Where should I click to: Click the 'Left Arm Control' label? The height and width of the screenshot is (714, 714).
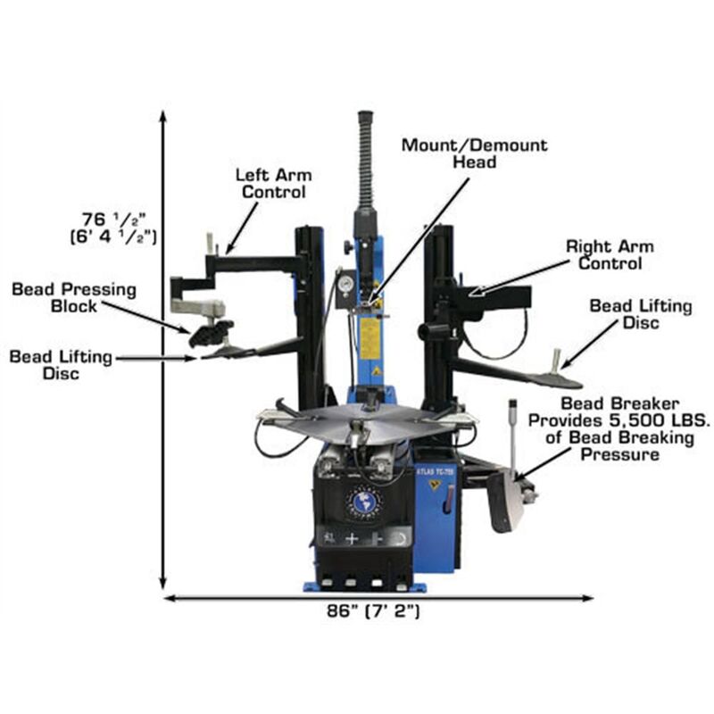270,182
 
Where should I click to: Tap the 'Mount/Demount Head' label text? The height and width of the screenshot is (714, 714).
474,153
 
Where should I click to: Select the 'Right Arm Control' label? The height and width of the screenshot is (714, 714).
610,254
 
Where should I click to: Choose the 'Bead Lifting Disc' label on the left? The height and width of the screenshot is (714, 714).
62,364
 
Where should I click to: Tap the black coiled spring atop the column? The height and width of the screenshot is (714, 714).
364,161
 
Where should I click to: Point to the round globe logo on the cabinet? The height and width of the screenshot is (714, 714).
363,502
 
